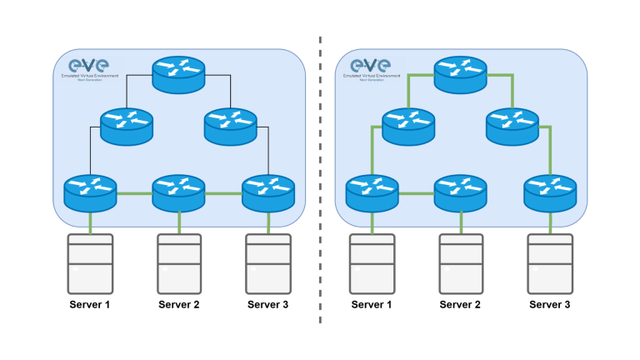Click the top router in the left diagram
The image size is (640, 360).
click(178, 74)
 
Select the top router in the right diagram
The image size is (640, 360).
click(460, 74)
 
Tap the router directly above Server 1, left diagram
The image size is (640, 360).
click(90, 192)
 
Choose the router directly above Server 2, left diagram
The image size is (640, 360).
click(178, 192)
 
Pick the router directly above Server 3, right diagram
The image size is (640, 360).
click(549, 192)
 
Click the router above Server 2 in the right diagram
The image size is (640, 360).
click(460, 192)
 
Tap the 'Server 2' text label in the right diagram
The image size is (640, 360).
click(460, 305)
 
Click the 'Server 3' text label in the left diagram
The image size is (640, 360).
click(267, 305)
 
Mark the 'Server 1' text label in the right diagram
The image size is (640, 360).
click(371, 305)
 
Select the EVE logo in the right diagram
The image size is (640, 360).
click(370, 67)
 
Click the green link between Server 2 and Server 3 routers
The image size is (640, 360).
click(222, 194)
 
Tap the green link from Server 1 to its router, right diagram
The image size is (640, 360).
click(371, 222)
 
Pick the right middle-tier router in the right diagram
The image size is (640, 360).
click(512, 126)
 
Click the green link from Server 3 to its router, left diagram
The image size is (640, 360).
click(267, 222)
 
